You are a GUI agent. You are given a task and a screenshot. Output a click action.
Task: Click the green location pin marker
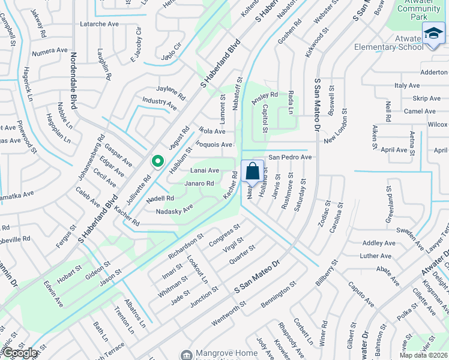[158, 161]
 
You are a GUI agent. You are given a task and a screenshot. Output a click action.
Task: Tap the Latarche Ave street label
[100, 24]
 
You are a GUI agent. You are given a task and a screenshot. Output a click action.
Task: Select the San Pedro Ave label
[290, 157]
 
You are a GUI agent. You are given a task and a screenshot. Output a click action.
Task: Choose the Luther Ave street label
[376, 256]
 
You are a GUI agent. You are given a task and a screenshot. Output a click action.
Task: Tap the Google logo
[20, 353]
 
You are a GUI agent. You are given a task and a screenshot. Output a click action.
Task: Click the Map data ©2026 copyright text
[424, 355]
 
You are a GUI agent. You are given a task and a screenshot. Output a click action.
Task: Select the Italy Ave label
[406, 86]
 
